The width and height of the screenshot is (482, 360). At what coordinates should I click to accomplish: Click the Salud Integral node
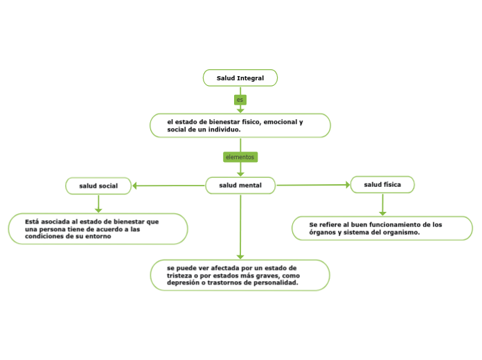pos(240,78)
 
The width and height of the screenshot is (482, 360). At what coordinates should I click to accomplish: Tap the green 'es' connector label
pos(240,100)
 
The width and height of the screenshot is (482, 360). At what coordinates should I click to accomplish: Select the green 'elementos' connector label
pos(240,157)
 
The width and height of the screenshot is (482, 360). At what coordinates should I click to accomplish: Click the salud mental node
pos(240,186)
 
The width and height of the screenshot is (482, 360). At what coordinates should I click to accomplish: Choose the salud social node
pos(98,186)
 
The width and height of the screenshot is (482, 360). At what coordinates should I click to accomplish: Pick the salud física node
pos(382,184)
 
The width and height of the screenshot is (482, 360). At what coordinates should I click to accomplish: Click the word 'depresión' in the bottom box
pos(183,282)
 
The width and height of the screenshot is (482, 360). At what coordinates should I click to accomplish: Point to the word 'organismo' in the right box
pos(402,233)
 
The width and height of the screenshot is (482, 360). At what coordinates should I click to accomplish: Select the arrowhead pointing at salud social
pos(135,186)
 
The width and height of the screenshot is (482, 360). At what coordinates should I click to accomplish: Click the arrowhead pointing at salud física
pos(348,185)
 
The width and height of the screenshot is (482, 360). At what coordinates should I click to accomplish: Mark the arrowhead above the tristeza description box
pos(240,256)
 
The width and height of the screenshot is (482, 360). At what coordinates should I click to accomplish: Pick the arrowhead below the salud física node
pos(382,213)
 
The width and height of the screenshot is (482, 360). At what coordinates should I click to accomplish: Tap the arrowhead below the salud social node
pos(98,210)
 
